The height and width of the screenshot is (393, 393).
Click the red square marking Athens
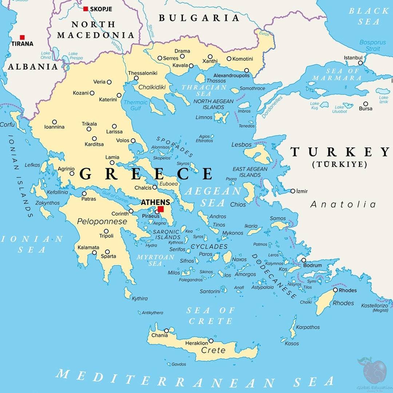160,209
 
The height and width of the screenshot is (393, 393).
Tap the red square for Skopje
86,9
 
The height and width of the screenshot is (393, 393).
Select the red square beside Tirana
22,37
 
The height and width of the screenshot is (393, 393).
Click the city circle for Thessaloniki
136,78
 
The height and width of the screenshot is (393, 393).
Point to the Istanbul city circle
360,63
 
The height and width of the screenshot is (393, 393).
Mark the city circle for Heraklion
211,341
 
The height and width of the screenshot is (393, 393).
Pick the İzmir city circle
293,191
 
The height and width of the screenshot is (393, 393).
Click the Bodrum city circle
303,260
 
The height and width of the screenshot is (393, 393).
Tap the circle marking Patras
84,194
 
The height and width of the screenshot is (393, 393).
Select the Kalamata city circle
94,253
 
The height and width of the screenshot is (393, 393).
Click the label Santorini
210,291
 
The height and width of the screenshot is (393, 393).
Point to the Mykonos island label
233,233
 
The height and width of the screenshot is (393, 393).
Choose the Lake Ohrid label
45,55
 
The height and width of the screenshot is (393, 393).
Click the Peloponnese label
102,222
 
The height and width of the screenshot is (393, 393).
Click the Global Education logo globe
374,372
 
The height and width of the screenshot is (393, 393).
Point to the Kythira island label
140,298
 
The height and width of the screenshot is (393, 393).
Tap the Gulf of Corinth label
115,198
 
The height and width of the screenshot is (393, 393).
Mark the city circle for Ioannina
55,122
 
